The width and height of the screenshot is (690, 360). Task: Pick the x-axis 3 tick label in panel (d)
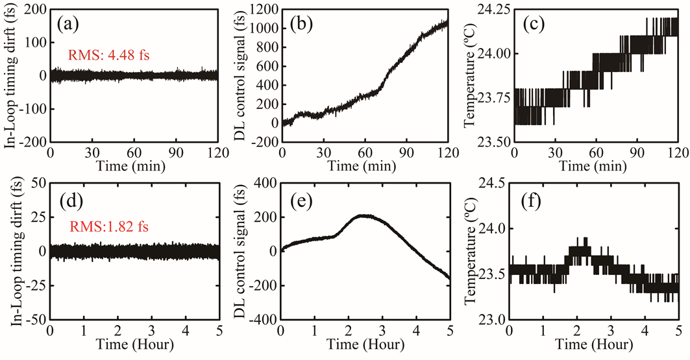[x=151, y=333]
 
